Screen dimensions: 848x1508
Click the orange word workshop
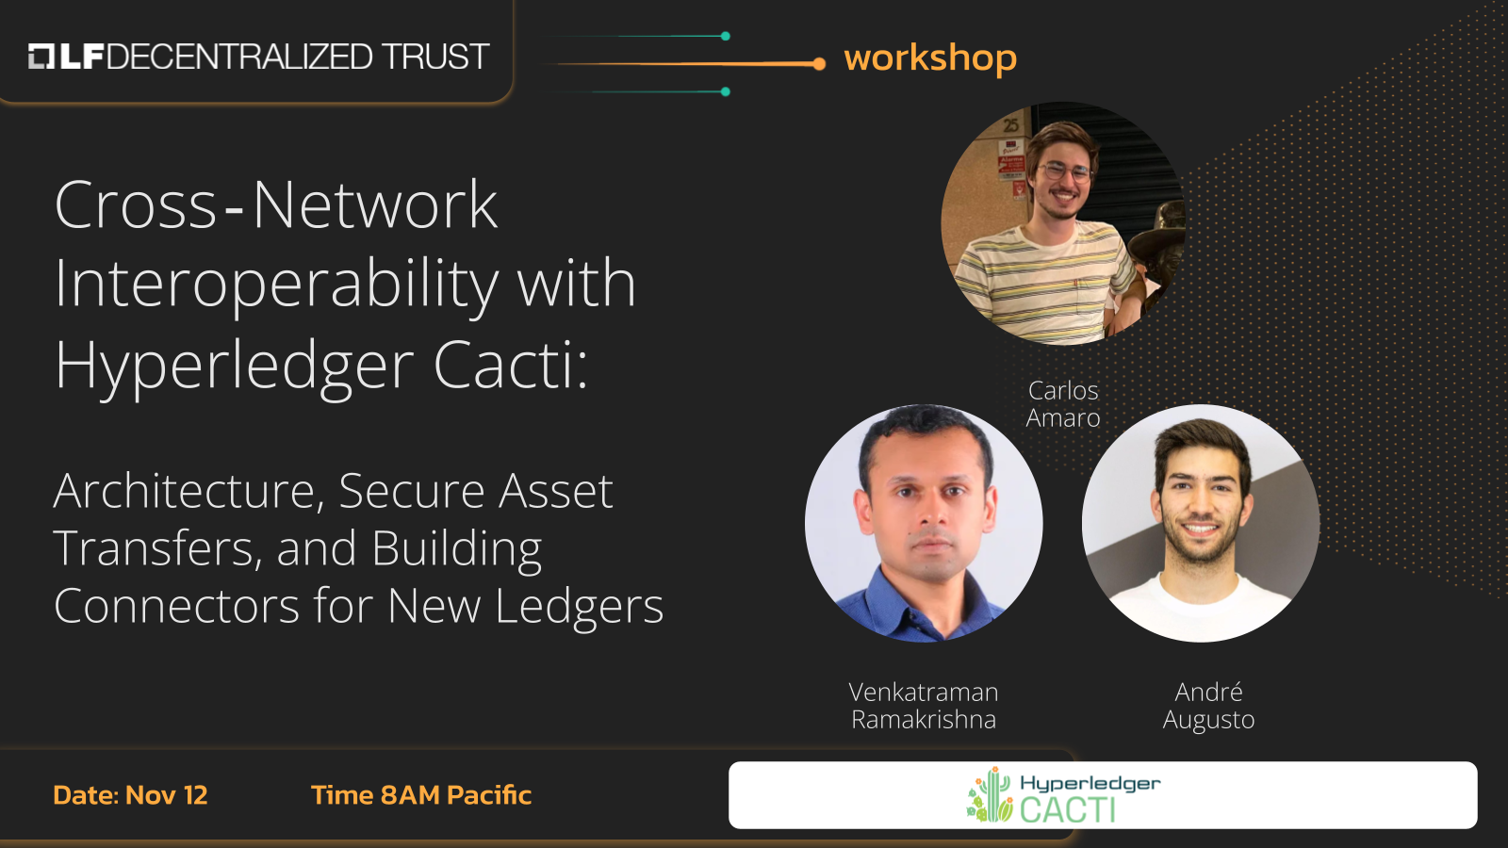tap(930, 58)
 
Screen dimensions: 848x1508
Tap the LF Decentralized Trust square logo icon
tap(41, 57)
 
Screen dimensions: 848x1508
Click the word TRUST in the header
tap(435, 57)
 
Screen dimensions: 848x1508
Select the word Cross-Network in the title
tap(275, 205)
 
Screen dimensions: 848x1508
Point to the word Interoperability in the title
tap(276, 285)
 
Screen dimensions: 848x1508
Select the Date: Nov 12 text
tap(130, 795)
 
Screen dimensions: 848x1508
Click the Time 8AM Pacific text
tap(421, 795)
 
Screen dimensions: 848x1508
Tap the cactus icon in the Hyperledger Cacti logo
tap(990, 795)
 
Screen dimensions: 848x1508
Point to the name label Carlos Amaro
tap(1063, 404)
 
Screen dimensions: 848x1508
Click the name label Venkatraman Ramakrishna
tap(924, 706)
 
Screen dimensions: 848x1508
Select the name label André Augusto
tap(1208, 706)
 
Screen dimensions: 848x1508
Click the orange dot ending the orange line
tap(819, 64)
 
